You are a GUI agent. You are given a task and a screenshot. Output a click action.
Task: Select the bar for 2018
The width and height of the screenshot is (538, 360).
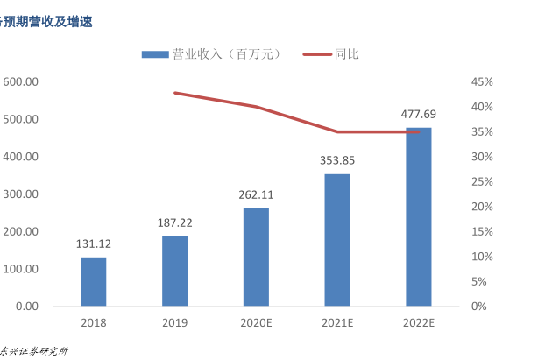[x=94, y=281]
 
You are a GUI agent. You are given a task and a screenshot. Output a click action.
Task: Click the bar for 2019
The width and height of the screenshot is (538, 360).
[x=174, y=271]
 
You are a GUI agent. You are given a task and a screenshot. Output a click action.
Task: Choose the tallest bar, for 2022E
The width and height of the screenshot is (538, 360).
[x=418, y=216]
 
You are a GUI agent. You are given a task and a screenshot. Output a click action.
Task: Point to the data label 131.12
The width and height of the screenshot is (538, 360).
[x=94, y=244]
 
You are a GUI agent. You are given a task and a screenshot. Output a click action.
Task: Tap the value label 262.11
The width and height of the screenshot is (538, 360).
[x=256, y=194]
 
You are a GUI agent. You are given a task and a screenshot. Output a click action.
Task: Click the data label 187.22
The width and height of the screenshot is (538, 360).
[x=174, y=222]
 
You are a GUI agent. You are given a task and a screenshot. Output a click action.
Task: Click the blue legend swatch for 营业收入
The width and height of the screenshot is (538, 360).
[x=155, y=54]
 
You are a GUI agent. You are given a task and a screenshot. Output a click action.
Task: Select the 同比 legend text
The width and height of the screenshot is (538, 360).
[x=346, y=54]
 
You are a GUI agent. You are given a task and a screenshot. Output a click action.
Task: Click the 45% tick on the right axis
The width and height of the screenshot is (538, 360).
[x=483, y=81]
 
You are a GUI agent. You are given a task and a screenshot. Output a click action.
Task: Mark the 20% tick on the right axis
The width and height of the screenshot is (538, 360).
[x=483, y=207]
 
